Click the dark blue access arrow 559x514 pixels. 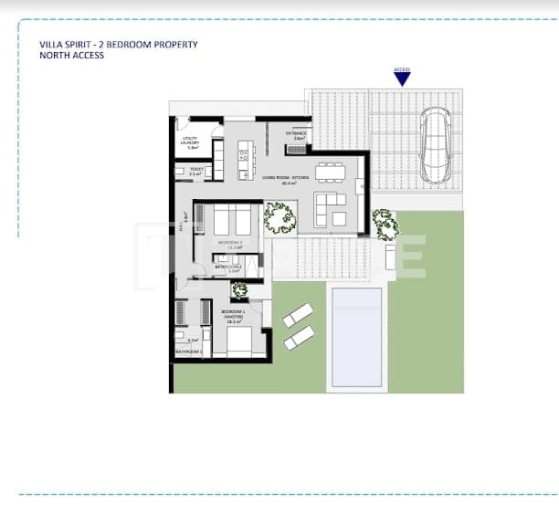pos(402,79)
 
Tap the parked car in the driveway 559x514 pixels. pos(435,145)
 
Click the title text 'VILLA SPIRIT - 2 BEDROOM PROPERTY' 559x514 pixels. pos(119,44)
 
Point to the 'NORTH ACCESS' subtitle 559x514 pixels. pos(72,56)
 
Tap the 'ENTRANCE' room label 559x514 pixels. pos(296,134)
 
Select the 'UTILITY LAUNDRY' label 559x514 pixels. pos(190,142)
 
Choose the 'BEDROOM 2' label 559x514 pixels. pos(229,243)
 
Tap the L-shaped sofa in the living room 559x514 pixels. pos(329,208)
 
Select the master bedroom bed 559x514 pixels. pos(238,341)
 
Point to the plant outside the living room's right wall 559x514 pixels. pos(385,224)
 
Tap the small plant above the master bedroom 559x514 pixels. pos(239,291)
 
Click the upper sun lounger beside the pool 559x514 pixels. pos(298,316)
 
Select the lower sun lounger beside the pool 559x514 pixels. pos(299,338)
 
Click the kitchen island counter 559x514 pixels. pos(244,151)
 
